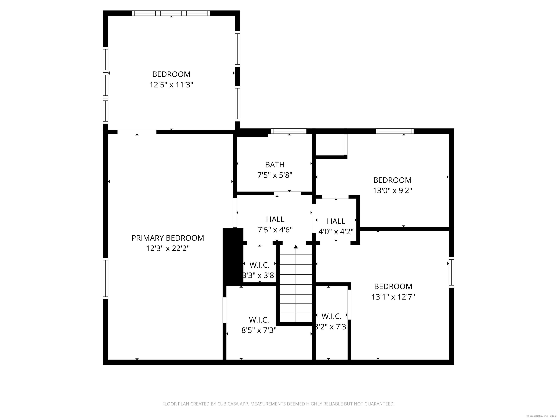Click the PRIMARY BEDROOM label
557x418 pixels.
pos(168,238)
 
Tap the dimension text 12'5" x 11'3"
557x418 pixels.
pos(171,85)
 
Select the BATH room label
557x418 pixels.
pos(275,165)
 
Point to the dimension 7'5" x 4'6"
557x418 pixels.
pos(275,230)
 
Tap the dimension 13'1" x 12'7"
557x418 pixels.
pos(393,297)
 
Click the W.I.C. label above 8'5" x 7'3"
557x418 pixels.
pos(259,320)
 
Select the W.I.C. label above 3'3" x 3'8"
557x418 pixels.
pos(259,265)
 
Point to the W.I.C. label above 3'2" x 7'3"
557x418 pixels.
pos(331,316)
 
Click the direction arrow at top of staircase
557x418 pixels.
pos(296,247)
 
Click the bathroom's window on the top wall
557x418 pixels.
pos(289,131)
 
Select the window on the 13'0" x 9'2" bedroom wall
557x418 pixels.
pos(394,131)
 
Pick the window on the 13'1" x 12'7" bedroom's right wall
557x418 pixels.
pos(451,272)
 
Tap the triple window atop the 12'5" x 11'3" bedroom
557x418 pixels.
pos(171,13)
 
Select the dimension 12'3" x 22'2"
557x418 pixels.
pos(168,248)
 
